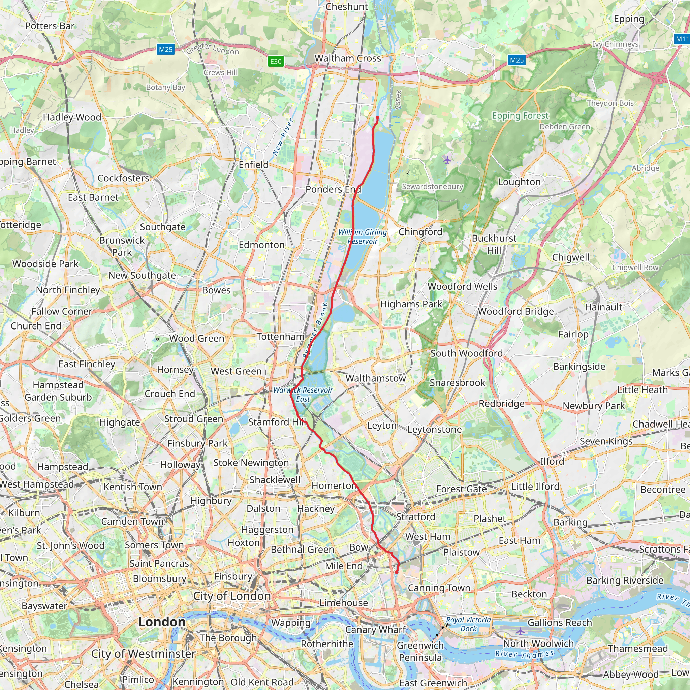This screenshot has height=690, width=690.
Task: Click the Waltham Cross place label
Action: click(347, 58)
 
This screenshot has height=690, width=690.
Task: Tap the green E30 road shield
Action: click(276, 61)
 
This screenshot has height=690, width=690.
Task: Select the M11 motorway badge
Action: click(682, 39)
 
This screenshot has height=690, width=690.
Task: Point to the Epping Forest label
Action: click(520, 115)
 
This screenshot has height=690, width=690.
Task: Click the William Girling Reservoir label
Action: click(363, 237)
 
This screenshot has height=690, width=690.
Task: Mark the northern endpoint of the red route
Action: click(377, 117)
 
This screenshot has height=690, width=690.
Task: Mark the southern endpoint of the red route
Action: click(397, 573)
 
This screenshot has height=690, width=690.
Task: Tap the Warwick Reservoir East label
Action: click(303, 394)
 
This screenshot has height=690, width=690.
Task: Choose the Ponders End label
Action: click(333, 189)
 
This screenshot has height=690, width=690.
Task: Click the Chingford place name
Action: click(420, 232)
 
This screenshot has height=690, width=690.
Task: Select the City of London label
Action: click(232, 596)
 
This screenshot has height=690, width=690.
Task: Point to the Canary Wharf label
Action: click(375, 629)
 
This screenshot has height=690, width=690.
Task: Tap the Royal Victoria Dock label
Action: click(468, 624)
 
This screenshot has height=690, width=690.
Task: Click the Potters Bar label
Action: click(50, 26)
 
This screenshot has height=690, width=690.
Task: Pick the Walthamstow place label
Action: click(375, 378)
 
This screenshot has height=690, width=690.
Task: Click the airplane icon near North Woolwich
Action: click(520, 632)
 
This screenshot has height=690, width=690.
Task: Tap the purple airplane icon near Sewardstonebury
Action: click(447, 160)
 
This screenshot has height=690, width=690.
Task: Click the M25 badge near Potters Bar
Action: click(166, 49)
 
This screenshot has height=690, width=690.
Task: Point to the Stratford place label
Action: click(415, 516)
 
